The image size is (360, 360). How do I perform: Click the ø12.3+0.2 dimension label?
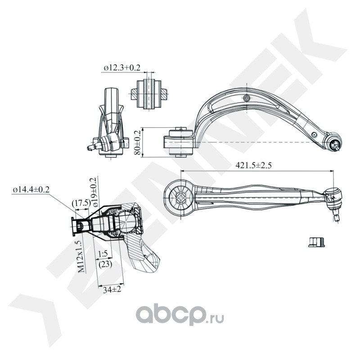122,67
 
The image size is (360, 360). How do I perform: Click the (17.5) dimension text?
81,203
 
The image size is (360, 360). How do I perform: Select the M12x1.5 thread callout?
80,256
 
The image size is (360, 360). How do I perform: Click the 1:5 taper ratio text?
103,254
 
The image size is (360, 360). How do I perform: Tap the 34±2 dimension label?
109,290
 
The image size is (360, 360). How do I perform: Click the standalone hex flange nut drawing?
318,242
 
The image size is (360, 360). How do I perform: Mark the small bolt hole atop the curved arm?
246,99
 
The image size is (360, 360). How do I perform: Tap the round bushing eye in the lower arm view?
180,197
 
